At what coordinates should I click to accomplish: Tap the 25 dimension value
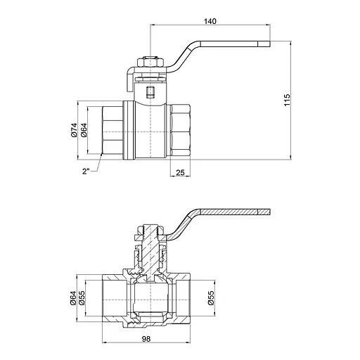point(181,172)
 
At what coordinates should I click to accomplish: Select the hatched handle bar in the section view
point(232,212)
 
